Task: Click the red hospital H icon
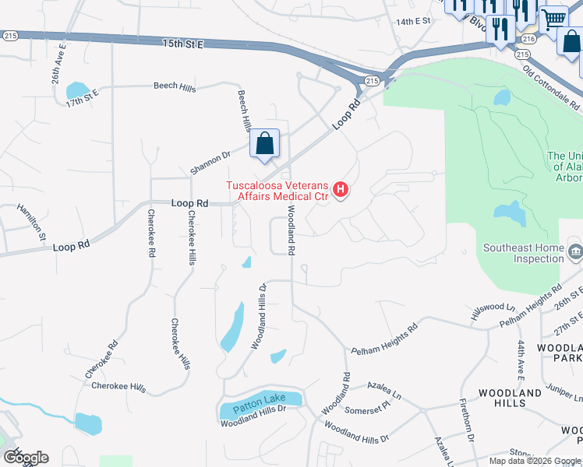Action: (340, 189)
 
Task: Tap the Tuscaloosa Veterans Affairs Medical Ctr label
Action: (278, 191)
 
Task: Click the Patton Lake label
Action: (260, 400)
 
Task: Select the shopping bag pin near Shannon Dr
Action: (265, 144)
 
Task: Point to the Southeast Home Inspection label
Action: (522, 254)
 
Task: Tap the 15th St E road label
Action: (184, 44)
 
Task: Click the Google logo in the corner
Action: (26, 458)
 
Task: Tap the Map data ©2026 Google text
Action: (535, 461)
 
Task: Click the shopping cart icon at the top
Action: (553, 19)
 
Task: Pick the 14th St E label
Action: (412, 23)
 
